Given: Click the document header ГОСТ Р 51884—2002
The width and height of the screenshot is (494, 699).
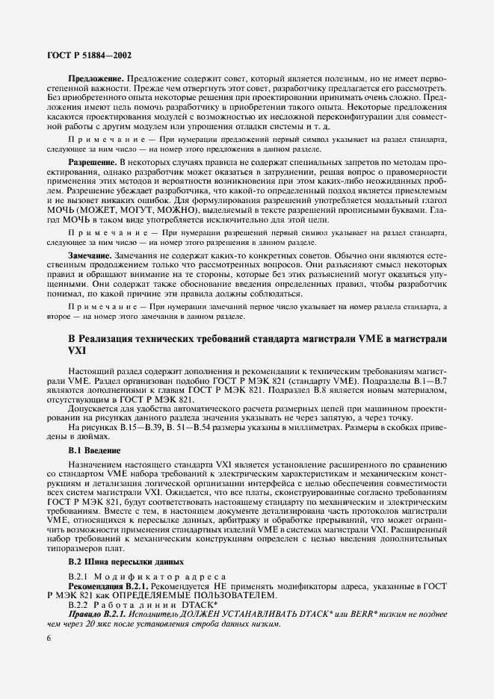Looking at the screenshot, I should (85, 56).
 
